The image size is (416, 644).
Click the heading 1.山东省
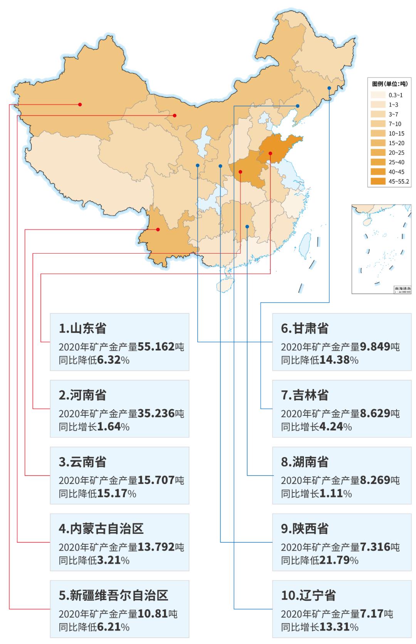(82, 328)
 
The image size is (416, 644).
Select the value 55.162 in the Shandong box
(156, 346)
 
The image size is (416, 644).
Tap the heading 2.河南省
(82, 395)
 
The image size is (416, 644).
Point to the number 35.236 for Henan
(156, 413)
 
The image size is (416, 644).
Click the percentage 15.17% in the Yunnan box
(116, 493)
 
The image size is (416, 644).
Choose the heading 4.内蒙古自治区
(101, 528)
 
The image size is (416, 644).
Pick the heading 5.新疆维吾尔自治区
(114, 595)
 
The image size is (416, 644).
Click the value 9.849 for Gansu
(375, 346)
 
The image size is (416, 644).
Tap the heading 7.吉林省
(305, 395)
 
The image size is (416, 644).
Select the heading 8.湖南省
(305, 462)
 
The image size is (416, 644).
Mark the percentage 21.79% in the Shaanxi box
(339, 560)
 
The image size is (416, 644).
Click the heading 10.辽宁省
(309, 595)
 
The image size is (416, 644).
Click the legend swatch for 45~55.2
(378, 181)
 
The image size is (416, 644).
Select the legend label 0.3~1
(396, 95)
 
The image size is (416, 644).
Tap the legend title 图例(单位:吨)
(389, 84)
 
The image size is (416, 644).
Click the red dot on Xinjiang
(80, 104)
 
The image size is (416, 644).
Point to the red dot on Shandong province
(270, 153)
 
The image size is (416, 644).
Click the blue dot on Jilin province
(329, 88)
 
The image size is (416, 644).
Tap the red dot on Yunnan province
(158, 230)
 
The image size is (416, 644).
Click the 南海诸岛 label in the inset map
(403, 288)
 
